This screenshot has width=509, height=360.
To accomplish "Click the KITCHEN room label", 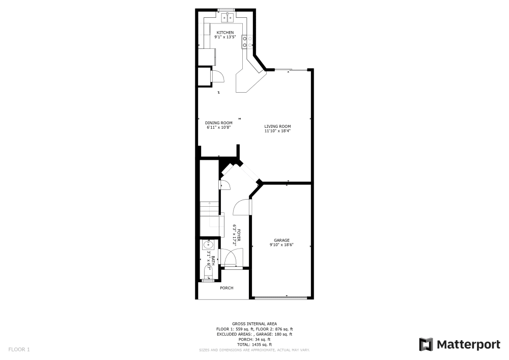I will (225, 33).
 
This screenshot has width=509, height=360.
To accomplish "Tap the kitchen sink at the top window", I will (227, 18).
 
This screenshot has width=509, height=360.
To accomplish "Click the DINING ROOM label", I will (219, 123).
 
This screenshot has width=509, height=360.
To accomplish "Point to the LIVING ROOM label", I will (277, 126).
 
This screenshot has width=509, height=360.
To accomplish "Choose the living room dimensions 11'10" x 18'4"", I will (277, 131).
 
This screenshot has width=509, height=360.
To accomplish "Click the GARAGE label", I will (281, 240).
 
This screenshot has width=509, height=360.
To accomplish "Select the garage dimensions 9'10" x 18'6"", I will (281, 245).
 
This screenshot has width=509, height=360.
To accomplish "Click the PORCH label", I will (227, 288).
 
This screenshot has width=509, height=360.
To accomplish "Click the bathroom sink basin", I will (208, 245).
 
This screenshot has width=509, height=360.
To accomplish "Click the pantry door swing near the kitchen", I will (217, 76).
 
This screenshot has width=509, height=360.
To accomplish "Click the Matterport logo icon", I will (426, 345).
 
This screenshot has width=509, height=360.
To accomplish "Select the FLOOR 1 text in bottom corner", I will (19, 350).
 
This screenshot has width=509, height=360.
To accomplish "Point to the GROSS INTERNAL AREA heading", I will (254, 324).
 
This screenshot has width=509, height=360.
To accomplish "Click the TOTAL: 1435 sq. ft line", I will (254, 344).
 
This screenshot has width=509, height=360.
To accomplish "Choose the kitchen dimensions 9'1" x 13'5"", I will (225, 37).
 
